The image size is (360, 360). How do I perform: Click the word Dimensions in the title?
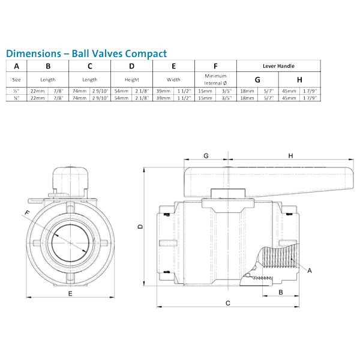pos(32,53)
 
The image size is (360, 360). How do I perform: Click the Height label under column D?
pos(132,79)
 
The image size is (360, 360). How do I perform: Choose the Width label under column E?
pos(174,79)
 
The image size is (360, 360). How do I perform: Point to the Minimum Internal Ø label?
pos(215,79)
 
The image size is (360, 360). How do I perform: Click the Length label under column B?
pos(48,79)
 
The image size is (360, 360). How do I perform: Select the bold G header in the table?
pos(257,79)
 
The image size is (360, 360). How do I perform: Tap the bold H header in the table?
pos(299,79)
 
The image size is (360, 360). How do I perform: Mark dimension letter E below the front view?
pos(70,293)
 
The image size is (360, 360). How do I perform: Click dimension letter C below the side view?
pos(228,304)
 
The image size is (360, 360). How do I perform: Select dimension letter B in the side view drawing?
pos(281,292)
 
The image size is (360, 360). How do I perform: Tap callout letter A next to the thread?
pos(310,271)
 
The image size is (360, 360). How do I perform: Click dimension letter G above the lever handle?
pos(206,156)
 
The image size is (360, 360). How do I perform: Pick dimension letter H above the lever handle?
pos(290,156)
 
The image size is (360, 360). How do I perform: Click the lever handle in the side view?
pos(270,179)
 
